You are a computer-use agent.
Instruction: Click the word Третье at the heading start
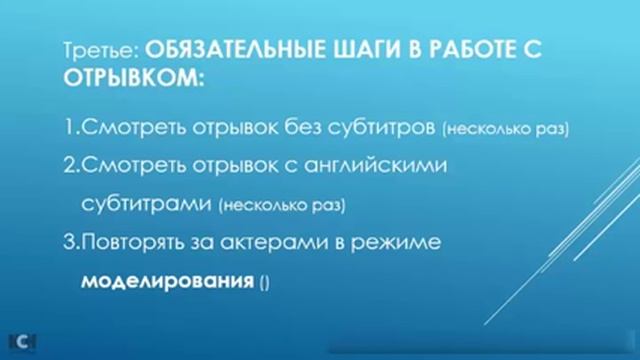(107, 46)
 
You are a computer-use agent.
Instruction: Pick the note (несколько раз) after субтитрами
(279, 206)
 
